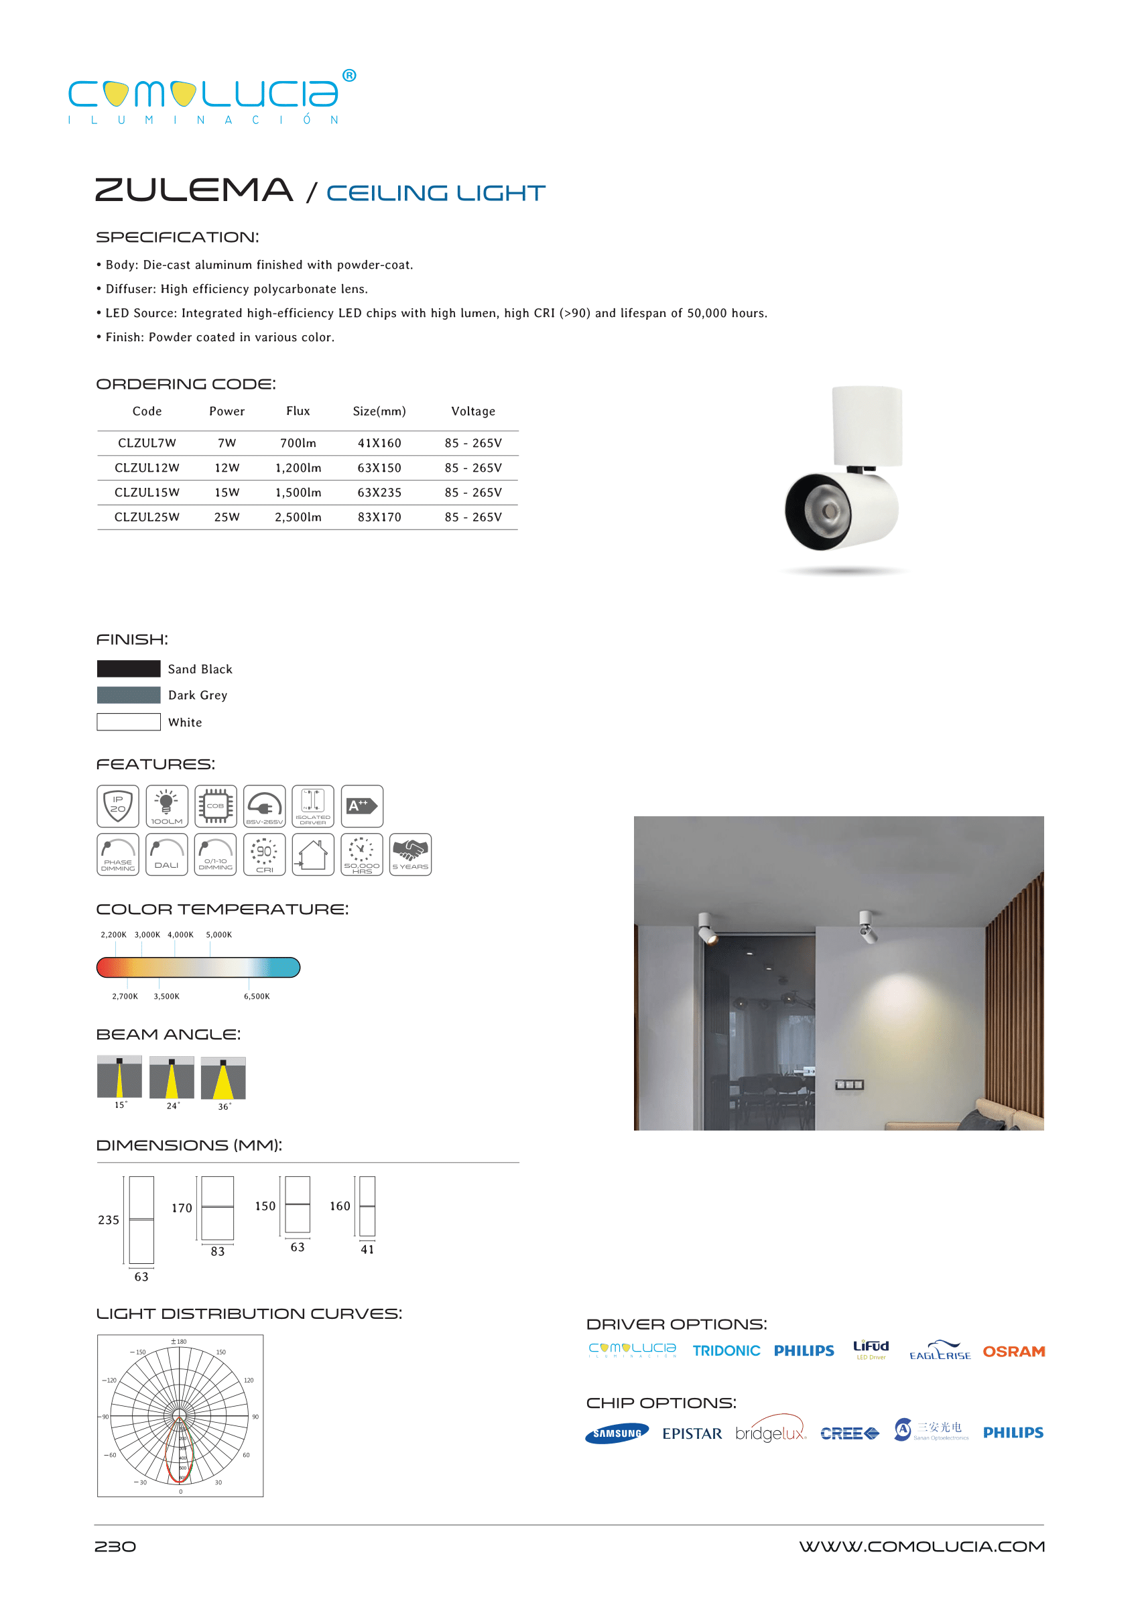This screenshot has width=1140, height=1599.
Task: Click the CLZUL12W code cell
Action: pyautogui.click(x=147, y=468)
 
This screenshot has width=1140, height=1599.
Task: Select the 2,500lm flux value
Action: pyautogui.click(x=298, y=517)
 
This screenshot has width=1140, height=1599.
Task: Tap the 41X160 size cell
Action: pyautogui.click(x=379, y=443)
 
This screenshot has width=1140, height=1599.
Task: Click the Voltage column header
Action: pyautogui.click(x=472, y=411)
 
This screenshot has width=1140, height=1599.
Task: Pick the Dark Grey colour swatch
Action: pyautogui.click(x=129, y=695)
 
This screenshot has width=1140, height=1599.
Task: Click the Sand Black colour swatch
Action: pyautogui.click(x=129, y=668)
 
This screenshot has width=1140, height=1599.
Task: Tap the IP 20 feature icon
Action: pyautogui.click(x=118, y=806)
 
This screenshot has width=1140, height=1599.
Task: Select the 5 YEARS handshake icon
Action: pyautogui.click(x=410, y=854)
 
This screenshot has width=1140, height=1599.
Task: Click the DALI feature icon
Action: pyautogui.click(x=166, y=854)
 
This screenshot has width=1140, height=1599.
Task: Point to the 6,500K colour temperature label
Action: pyautogui.click(x=256, y=996)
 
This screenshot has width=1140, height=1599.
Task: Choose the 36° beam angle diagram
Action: pyautogui.click(x=223, y=1079)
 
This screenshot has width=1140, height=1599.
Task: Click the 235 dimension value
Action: pyautogui.click(x=108, y=1220)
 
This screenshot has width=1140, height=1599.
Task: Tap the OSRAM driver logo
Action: pyautogui.click(x=1013, y=1351)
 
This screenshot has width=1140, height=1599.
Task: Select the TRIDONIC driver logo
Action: pyautogui.click(x=726, y=1350)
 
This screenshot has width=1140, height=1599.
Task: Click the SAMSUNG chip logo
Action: pyautogui.click(x=617, y=1433)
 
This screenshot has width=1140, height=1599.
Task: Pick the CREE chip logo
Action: pyautogui.click(x=848, y=1433)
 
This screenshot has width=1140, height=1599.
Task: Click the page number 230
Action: pyautogui.click(x=115, y=1546)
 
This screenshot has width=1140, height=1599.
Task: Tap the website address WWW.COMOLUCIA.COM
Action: pyautogui.click(x=921, y=1546)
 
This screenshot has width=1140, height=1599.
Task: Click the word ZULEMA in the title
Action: pyautogui.click(x=194, y=190)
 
